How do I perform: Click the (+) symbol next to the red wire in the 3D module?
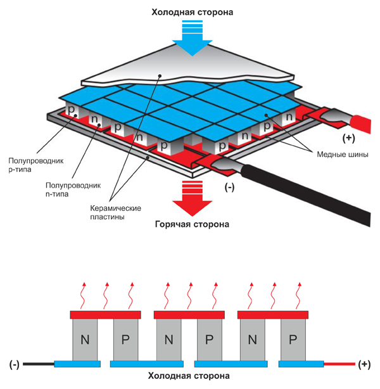point(348,137)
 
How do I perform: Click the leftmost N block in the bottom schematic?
point(85,340)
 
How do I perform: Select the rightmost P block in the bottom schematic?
point(293,340)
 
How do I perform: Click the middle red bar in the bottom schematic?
point(189,314)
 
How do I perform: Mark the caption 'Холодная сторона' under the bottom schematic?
point(189,377)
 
